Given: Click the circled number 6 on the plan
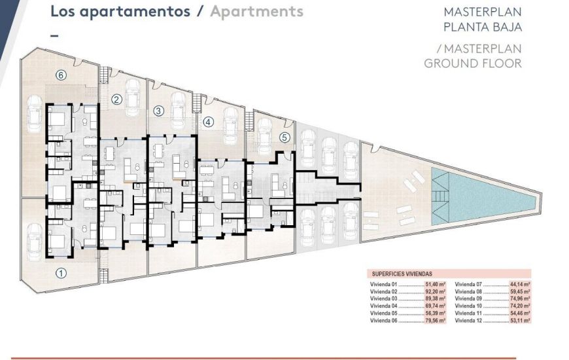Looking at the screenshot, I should point(61,75).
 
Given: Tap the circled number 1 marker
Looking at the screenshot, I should point(61,273).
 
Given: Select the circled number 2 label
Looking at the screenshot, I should point(116,100).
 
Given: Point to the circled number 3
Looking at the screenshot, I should point(158,111).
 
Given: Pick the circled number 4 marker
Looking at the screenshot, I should point(208,121).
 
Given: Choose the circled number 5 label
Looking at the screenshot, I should point(284,137).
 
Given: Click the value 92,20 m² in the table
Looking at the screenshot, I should point(435,292).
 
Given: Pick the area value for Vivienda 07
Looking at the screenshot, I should point(520,285).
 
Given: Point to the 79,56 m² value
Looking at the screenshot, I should point(435,321).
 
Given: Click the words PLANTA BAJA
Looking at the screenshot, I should point(482,27).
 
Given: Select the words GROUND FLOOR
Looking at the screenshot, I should point(472,63).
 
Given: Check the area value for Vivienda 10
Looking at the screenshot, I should point(520,306).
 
